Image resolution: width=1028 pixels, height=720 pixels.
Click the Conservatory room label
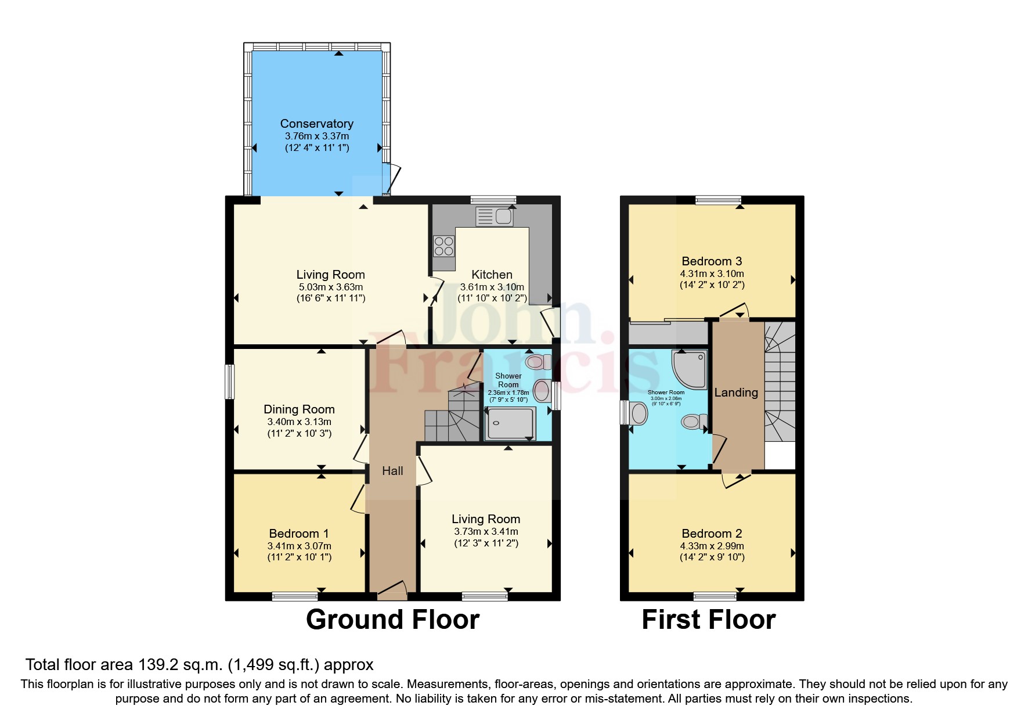point(316,124)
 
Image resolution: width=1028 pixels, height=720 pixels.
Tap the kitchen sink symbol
point(495,217)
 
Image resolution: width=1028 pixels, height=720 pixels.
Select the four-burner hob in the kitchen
point(444,245)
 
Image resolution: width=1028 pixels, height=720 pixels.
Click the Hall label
point(392,471)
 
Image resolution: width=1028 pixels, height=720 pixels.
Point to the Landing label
point(735,393)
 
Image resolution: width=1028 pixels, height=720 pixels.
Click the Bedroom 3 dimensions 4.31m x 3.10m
point(712,273)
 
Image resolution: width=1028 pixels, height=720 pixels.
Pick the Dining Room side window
point(230,381)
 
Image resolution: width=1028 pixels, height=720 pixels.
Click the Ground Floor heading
point(392,620)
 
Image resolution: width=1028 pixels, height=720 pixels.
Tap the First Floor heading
point(708,620)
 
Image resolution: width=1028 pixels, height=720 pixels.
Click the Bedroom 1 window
point(295,596)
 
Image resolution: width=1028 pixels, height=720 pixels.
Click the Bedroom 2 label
point(712,533)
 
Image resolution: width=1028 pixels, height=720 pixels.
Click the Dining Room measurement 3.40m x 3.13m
point(299,422)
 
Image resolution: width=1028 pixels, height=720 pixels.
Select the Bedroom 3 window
point(718,200)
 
